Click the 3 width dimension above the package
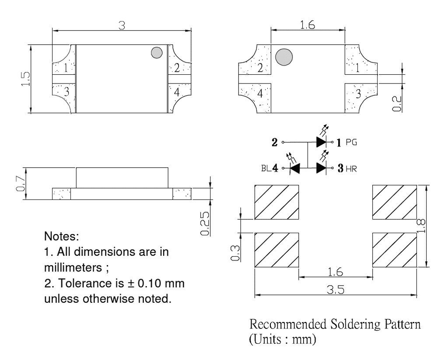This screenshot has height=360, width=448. (122, 25)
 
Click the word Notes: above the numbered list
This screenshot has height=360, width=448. (62, 238)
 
